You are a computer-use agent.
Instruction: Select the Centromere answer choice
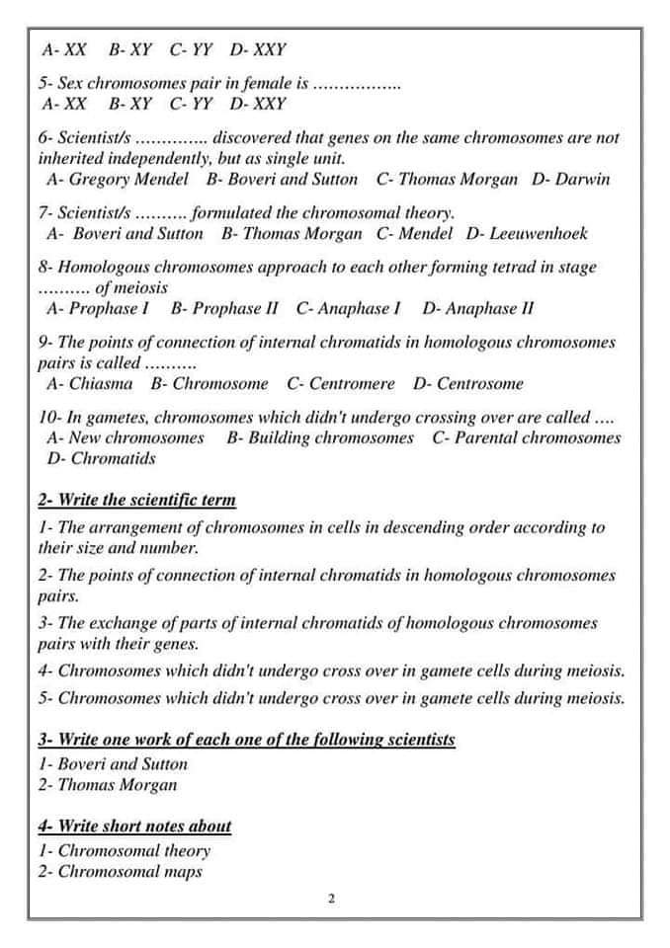[340, 384]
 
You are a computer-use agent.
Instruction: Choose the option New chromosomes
[126, 437]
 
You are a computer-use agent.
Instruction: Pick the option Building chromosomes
[319, 437]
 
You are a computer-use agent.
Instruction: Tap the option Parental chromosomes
[527, 437]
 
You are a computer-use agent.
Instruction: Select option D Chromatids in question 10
[102, 459]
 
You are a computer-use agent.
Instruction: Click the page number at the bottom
[332, 899]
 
